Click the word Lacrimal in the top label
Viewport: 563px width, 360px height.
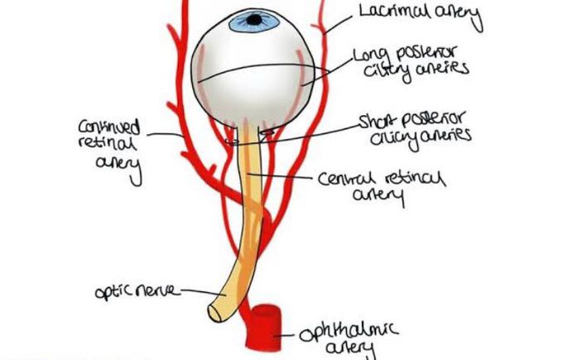[x=387, y=12]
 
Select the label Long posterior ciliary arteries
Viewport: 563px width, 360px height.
[x=411, y=60]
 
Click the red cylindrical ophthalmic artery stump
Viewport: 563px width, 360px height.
[x=267, y=324]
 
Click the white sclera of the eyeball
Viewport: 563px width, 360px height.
[x=248, y=91]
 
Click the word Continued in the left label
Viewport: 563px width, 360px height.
[x=108, y=128]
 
